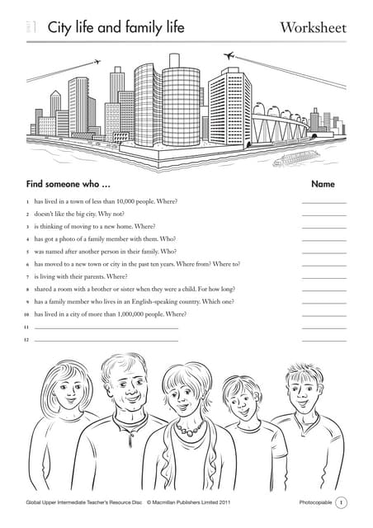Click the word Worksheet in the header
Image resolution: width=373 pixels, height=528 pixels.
click(x=313, y=29)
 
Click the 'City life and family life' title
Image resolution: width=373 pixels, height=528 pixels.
click(x=116, y=29)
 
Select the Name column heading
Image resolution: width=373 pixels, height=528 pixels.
click(x=323, y=183)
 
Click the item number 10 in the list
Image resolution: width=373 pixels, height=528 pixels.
click(x=26, y=314)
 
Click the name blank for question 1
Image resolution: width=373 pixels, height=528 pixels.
click(x=323, y=202)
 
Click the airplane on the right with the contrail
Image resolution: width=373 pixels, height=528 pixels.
click(x=229, y=55)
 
